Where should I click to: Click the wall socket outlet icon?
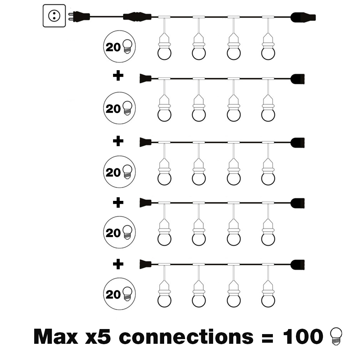(x=54, y=15)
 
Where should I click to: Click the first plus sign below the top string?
(x=118, y=76)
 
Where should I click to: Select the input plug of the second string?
(x=145, y=78)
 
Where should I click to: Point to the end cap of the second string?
(x=298, y=78)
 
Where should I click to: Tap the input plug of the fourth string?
(x=145, y=203)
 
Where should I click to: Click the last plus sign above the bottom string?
(x=118, y=265)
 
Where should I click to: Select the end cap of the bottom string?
(x=298, y=264)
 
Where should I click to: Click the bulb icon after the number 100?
(x=335, y=336)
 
